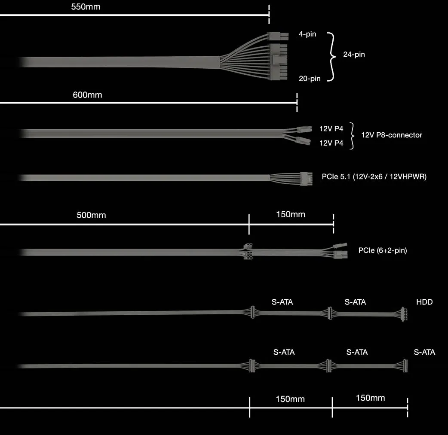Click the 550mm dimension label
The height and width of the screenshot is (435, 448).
pyautogui.click(x=86, y=7)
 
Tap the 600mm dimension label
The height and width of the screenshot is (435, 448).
pyautogui.click(x=87, y=95)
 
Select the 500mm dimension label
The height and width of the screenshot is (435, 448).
pyautogui.click(x=91, y=215)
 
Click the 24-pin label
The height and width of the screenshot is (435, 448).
pyautogui.click(x=354, y=55)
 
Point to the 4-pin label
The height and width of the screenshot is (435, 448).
pyautogui.click(x=307, y=34)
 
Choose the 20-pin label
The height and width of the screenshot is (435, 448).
pyautogui.click(x=310, y=79)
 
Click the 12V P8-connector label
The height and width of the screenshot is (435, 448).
pyautogui.click(x=392, y=135)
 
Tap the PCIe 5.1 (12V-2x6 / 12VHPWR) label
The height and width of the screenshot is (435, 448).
pyautogui.click(x=374, y=176)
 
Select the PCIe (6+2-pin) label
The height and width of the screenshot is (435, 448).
pyautogui.click(x=383, y=250)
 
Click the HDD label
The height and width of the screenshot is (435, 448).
pyautogui.click(x=424, y=302)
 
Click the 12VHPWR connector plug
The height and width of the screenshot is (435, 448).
pyautogui.click(x=306, y=179)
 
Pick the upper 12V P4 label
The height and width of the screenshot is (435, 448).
pyautogui.click(x=331, y=129)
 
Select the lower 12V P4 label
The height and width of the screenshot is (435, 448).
pyautogui.click(x=331, y=143)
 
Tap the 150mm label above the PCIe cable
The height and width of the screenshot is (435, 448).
pyautogui.click(x=291, y=214)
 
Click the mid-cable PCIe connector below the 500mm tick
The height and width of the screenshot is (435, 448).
pyautogui.click(x=248, y=252)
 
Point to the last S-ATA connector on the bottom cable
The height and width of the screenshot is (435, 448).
pyautogui.click(x=405, y=365)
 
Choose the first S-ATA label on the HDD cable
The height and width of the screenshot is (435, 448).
pyautogui.click(x=282, y=302)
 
